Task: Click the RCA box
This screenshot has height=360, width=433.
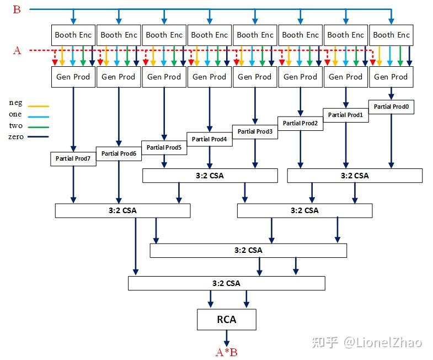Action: tap(226, 319)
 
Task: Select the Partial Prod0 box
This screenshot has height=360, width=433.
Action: tap(391, 107)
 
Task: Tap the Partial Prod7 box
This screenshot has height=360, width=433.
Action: tap(73, 158)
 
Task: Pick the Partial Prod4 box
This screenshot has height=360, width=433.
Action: tap(210, 139)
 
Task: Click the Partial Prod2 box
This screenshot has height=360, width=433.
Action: tap(300, 123)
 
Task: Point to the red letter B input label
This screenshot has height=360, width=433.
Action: tap(17, 9)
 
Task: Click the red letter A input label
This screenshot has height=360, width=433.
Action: tap(17, 51)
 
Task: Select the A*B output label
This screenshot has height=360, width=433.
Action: tap(226, 352)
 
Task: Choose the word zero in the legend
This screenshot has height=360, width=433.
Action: tap(16, 136)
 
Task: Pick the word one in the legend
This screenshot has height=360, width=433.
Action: tap(15, 114)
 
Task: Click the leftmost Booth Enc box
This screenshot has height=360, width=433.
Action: tap(73, 35)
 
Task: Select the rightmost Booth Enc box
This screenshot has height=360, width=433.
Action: tap(391, 35)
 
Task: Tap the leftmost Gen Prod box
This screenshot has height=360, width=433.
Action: tap(73, 77)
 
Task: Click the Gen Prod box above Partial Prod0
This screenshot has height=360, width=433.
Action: tap(391, 77)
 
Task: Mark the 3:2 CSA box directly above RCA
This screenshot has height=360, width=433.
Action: tap(226, 283)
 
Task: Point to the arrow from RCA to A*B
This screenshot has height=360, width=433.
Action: tap(226, 337)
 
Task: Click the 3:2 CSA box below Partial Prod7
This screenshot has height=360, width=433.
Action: tap(122, 210)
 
